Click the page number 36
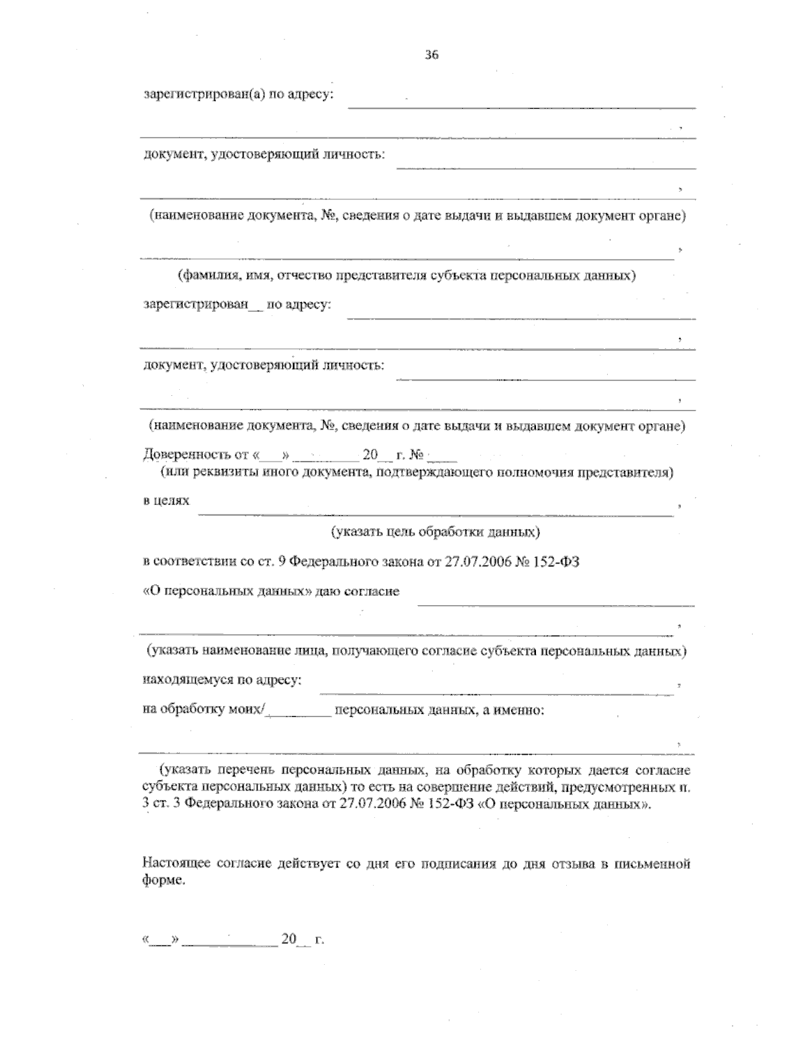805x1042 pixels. click(x=431, y=56)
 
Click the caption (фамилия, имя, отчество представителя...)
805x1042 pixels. click(x=407, y=276)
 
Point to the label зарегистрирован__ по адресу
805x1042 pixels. click(x=237, y=305)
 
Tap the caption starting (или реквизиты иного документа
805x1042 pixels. click(x=416, y=473)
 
